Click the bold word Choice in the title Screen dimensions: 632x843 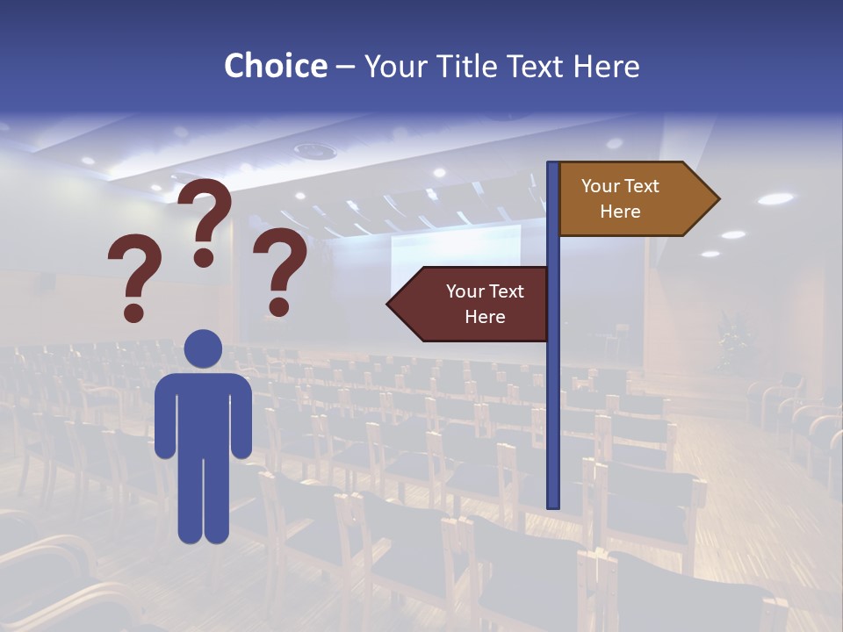275,66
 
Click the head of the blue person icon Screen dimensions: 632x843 203,348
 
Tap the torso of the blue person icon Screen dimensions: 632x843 203,413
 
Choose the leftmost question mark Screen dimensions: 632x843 134,272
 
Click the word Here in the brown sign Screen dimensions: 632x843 620,212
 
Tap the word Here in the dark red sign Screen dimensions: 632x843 485,317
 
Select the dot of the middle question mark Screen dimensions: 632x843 204,257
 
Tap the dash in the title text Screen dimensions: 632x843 345,68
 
